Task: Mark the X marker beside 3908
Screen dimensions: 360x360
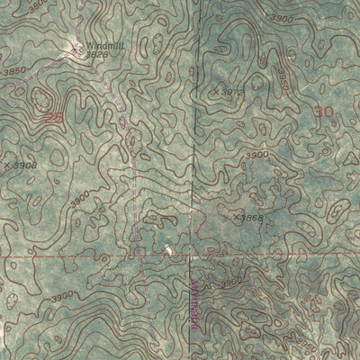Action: pos(7,166)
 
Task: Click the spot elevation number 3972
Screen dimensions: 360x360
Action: pos(232,92)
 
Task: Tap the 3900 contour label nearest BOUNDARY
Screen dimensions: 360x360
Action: pos(231,283)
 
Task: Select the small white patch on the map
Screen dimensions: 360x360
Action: pos(167,247)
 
